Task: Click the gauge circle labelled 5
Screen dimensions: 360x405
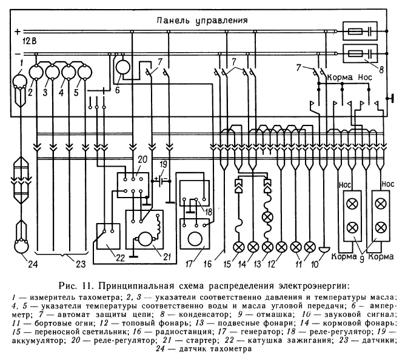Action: (83, 73)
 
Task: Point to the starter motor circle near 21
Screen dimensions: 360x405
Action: (145, 236)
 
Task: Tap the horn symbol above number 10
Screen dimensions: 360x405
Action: (324, 249)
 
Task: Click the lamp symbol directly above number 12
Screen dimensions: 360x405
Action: (281, 247)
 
